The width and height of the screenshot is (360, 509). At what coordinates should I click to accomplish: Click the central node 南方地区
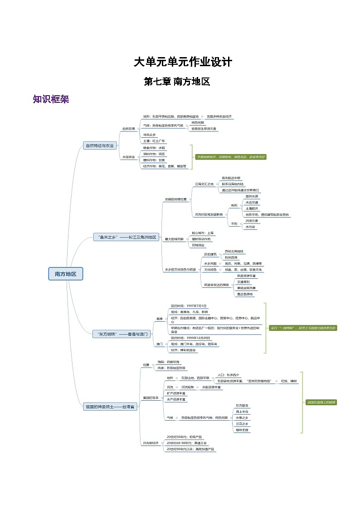[x=66, y=274]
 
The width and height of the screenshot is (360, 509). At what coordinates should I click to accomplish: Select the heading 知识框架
[x=51, y=99]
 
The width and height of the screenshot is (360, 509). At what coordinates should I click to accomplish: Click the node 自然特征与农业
[x=100, y=145]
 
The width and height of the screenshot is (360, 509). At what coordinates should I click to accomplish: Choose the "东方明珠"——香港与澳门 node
[x=121, y=334]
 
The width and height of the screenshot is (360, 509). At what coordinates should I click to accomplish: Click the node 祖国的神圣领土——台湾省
[x=110, y=407]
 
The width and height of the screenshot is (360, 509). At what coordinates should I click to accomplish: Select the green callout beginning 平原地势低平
[x=230, y=157]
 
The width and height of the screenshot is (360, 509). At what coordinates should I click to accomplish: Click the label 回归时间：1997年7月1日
[x=189, y=306]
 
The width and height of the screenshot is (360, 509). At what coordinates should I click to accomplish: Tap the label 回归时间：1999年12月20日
[x=190, y=338]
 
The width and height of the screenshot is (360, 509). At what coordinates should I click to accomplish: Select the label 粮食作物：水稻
[x=154, y=148]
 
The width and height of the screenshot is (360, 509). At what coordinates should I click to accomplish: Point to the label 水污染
[x=251, y=227]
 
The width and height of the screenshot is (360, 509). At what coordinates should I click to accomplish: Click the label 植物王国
[x=242, y=430]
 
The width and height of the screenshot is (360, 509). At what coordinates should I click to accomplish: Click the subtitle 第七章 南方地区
[x=177, y=82]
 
